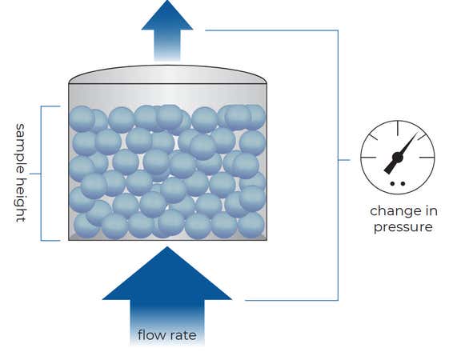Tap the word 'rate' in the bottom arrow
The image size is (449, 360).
[x=184, y=335]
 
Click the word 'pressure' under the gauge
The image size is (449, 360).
[x=403, y=227]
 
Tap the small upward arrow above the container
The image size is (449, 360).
[x=167, y=30]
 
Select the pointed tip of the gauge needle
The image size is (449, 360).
[x=416, y=134]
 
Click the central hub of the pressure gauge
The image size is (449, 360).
[x=398, y=157]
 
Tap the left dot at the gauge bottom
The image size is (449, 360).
[x=393, y=184]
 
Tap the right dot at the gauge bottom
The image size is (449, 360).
[x=403, y=184]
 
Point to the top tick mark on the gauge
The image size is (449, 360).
[x=398, y=128]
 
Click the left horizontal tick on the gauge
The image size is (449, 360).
[x=368, y=158]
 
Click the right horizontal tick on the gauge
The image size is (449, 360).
[x=427, y=158]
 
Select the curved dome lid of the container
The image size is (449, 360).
[x=168, y=74]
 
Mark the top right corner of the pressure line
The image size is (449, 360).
[x=338, y=30]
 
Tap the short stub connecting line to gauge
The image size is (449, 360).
[x=344, y=160]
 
